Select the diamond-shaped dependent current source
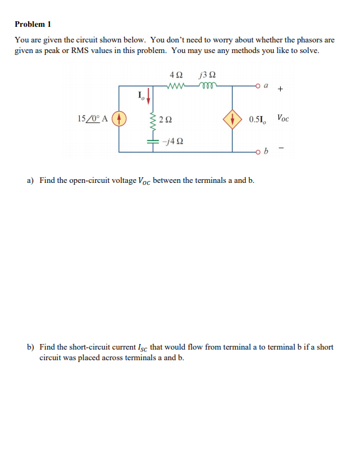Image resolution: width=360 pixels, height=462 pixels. (232, 119)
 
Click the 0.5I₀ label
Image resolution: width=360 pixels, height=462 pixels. (258, 119)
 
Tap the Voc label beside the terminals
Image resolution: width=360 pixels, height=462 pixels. (283, 117)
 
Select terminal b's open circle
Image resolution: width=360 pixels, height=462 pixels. (258, 151)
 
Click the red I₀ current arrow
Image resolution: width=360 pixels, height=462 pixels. (150, 99)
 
